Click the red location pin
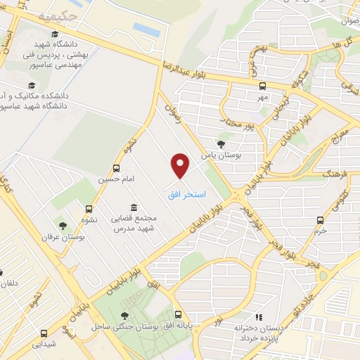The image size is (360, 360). [x=181, y=166]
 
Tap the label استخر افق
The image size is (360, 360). [x=186, y=193]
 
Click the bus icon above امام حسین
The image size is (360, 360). [x=116, y=169]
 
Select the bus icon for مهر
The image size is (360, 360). [x=262, y=86]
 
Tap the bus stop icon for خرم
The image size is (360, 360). [x=321, y=219]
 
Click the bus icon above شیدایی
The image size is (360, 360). [x=44, y=333]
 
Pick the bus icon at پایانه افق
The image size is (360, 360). [x=179, y=315]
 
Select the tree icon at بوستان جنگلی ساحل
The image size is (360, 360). [x=125, y=316]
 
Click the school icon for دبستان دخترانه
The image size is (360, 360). [x=257, y=316]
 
